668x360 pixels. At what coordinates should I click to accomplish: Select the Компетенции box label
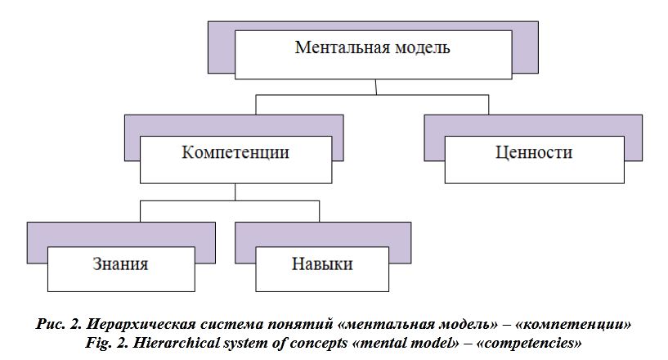pyautogui.click(x=235, y=153)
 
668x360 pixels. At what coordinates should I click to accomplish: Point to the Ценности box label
pyautogui.click(x=534, y=153)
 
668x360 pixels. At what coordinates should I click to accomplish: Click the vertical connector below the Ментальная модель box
pyautogui.click(x=375, y=87)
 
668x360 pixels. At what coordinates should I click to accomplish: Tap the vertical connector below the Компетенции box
pyautogui.click(x=236, y=192)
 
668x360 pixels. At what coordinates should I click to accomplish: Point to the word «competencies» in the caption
pyautogui.click(x=530, y=341)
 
